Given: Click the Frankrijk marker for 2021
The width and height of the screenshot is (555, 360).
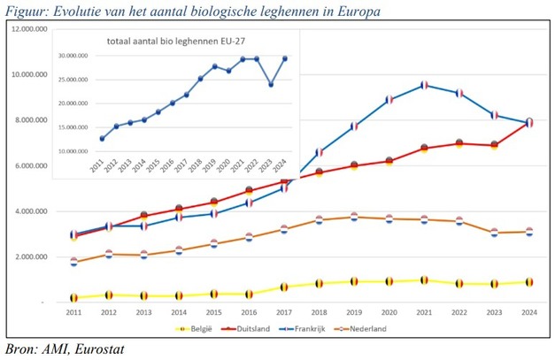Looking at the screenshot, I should pyautogui.click(x=425, y=85).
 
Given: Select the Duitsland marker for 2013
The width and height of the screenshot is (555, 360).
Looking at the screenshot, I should pyautogui.click(x=143, y=216).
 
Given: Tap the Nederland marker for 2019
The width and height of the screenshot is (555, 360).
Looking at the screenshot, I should pyautogui.click(x=355, y=217).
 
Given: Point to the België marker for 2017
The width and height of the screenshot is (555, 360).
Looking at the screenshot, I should pyautogui.click(x=285, y=287).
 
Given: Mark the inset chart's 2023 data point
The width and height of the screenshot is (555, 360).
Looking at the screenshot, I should pyautogui.click(x=271, y=84).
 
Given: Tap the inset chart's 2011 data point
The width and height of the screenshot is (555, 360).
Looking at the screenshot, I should pyautogui.click(x=102, y=139).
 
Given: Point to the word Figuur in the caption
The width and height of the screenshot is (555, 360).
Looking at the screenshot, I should pyautogui.click(x=24, y=11).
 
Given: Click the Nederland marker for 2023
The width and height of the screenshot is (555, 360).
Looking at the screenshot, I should pyautogui.click(x=495, y=233).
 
